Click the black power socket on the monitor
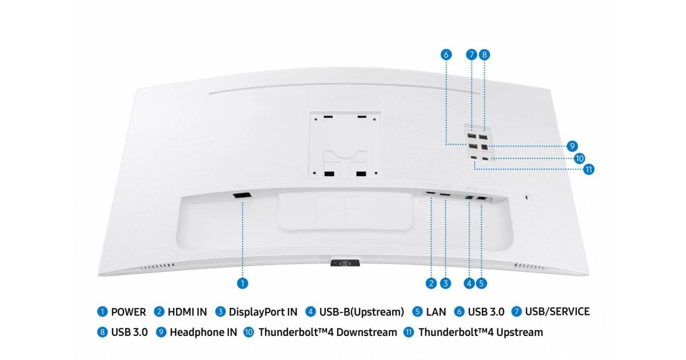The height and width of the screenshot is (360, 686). (x=242, y=195)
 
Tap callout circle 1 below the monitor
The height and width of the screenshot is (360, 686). (x=242, y=283)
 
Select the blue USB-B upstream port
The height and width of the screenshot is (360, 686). (x=469, y=198)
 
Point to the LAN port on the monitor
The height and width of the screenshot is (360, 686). (x=482, y=198)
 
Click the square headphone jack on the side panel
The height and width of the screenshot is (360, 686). (x=484, y=147)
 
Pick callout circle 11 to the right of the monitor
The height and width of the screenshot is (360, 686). (x=589, y=169)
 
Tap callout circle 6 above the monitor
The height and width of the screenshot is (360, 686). (x=446, y=54)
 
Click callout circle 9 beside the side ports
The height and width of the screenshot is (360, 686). (x=572, y=146)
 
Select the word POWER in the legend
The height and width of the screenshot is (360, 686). (x=128, y=312)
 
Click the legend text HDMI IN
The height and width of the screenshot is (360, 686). (x=187, y=312)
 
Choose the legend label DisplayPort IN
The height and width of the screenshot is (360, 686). (x=263, y=312)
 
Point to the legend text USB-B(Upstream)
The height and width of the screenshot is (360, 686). (x=362, y=312)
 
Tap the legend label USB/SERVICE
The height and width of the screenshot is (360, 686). (x=557, y=311)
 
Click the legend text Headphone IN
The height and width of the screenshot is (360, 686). (x=204, y=332)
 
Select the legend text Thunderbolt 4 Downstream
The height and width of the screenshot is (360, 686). (x=328, y=332)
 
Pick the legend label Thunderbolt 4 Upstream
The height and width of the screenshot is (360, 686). (x=481, y=332)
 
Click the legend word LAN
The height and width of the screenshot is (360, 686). (x=436, y=312)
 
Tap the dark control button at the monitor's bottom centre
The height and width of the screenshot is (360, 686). (x=345, y=263)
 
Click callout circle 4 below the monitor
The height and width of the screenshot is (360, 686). (x=469, y=283)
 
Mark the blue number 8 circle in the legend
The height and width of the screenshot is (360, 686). (x=102, y=332)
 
